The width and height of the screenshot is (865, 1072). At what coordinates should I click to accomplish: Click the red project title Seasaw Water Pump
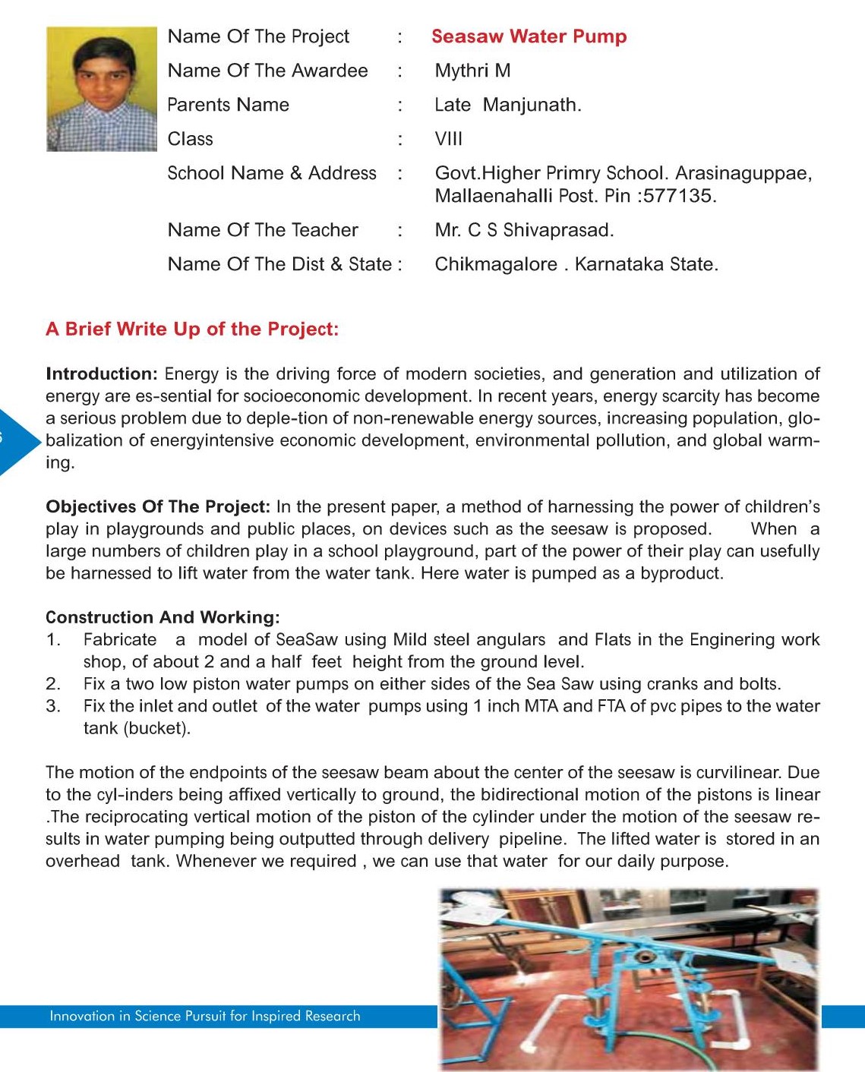click(529, 36)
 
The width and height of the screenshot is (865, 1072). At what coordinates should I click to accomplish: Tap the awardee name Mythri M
click(472, 71)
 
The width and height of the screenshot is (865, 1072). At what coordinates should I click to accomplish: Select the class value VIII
click(448, 139)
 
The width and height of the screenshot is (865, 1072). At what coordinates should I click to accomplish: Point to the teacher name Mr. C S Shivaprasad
click(524, 230)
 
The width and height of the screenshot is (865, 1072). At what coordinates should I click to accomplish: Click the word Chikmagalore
click(496, 264)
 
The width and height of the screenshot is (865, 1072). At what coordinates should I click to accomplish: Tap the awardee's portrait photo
click(101, 89)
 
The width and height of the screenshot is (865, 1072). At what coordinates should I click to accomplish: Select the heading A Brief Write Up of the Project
click(192, 329)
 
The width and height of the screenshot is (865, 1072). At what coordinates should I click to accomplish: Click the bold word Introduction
click(101, 374)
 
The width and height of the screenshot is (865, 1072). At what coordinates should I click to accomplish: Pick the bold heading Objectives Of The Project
click(157, 506)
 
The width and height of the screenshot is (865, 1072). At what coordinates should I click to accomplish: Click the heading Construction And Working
click(163, 617)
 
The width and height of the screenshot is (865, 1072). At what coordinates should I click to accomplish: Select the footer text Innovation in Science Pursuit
click(204, 1016)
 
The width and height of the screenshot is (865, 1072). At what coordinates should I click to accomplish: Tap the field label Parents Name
click(228, 105)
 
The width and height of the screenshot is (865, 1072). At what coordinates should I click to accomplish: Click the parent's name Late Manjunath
click(507, 105)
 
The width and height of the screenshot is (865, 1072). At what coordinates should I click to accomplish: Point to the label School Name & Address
click(271, 173)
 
